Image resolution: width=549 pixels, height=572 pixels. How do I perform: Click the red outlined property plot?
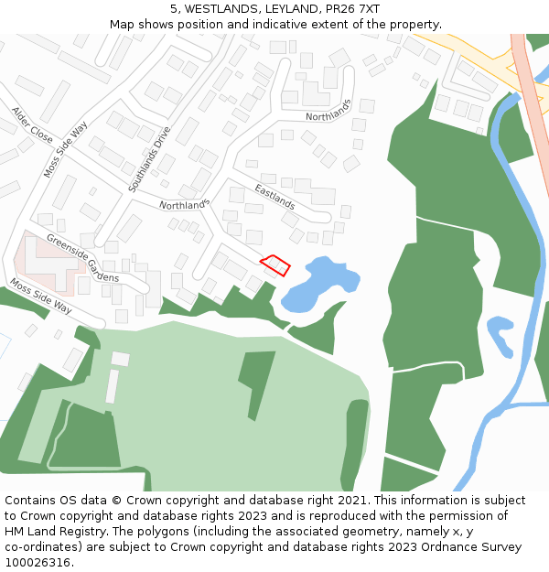pos(275,264)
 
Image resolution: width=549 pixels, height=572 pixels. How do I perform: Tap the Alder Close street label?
pos(32,124)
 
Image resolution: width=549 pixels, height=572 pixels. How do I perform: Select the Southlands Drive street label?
pos(149,158)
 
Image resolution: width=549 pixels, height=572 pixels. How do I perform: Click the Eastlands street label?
pos(274,197)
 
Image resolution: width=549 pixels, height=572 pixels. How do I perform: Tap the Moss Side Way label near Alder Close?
pos(64,147)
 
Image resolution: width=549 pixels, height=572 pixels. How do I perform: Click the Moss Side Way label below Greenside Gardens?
pos(40,296)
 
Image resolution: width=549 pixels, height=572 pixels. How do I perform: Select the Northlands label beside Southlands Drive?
pos(184,204)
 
